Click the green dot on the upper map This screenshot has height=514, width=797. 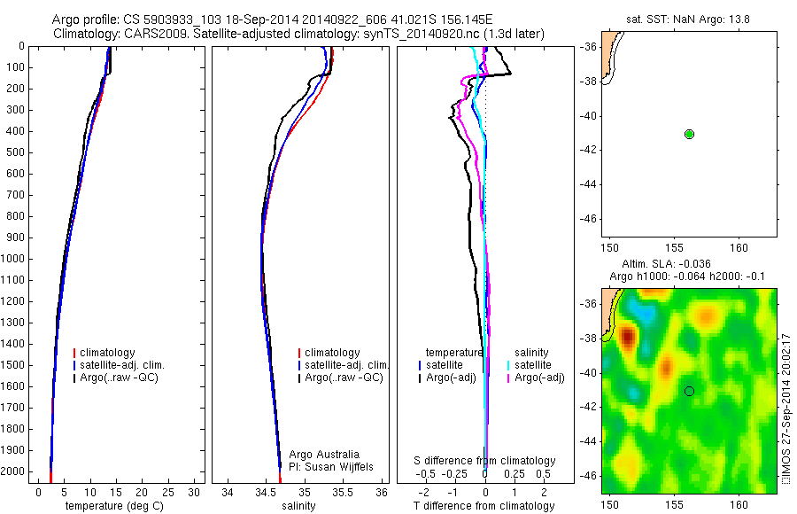(689, 134)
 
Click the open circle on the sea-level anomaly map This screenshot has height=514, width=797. (689, 391)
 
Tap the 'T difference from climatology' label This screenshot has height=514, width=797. (484, 506)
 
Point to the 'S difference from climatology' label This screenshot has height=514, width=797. (485, 461)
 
